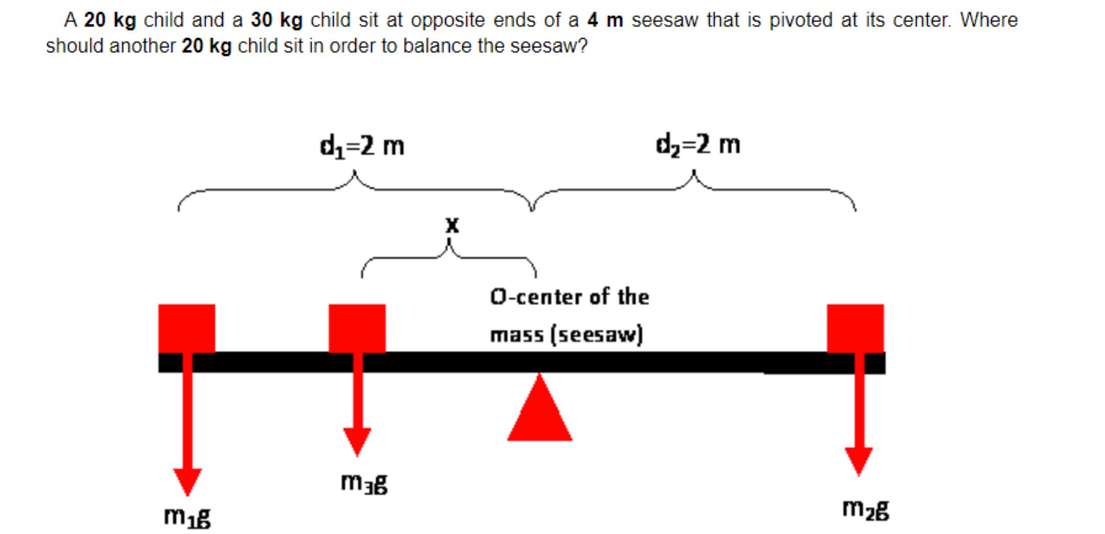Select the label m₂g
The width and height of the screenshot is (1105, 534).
(866, 509)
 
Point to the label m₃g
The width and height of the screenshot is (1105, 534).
(364, 483)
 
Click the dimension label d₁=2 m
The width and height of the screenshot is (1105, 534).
(362, 146)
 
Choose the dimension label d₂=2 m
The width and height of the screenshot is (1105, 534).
(698, 144)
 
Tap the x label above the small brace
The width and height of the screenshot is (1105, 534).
(452, 226)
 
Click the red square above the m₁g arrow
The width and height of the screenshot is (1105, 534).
(187, 328)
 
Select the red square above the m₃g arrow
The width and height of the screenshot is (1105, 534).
(357, 328)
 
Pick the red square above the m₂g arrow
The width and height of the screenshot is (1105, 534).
(855, 328)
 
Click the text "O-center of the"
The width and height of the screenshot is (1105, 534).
(570, 297)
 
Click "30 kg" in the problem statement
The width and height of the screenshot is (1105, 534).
(277, 20)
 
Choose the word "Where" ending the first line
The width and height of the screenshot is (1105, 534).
(989, 20)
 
